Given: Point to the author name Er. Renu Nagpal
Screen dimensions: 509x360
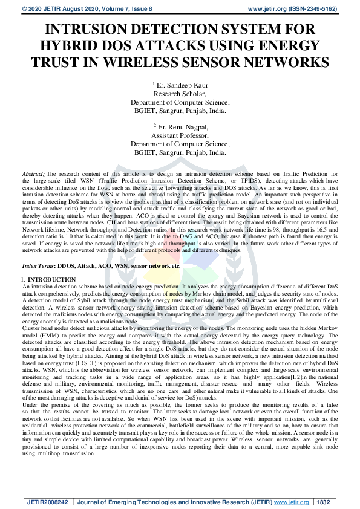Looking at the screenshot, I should click(182, 128).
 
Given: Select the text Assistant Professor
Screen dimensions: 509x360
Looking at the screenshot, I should click(180, 136).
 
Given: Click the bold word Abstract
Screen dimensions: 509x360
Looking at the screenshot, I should click(33, 173).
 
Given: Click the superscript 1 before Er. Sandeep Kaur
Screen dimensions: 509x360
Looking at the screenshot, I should click(154, 83).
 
